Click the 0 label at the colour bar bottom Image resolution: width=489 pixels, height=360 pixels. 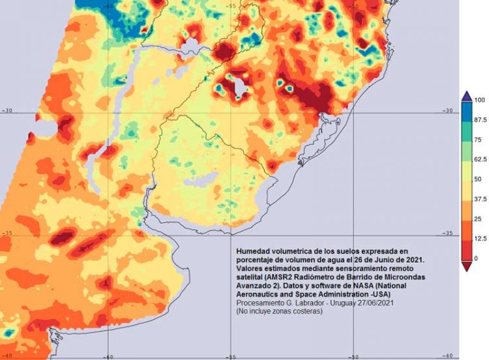point(477,258)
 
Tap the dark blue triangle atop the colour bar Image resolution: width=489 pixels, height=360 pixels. point(467,95)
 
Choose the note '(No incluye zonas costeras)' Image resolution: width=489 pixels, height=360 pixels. point(279,312)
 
